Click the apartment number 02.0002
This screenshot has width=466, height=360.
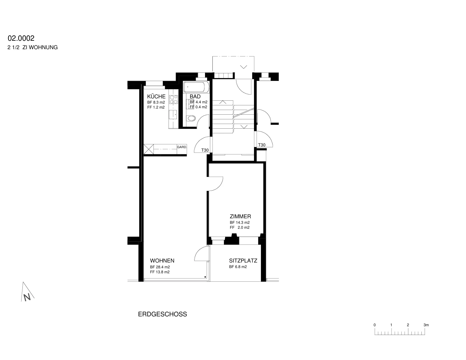coord(21,38)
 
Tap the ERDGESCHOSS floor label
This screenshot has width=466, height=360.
coord(162,314)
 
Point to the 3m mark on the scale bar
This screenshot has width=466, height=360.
coord(426,325)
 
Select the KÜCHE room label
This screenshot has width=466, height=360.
coord(156,96)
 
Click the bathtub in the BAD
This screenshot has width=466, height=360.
coord(196,87)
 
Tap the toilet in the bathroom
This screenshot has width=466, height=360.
coord(191,118)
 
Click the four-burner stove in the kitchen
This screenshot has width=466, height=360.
coord(174,100)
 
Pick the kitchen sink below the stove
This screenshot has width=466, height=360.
coord(173,114)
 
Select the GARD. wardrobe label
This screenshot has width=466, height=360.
coord(182,147)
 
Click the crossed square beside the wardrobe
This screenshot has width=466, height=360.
coord(149,149)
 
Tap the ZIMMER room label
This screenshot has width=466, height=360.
coord(240,217)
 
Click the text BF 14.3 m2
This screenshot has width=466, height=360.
coord(239,222)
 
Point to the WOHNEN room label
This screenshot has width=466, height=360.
coord(162,260)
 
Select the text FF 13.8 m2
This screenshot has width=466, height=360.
coord(160,272)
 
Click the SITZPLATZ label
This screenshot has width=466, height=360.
coord(243,261)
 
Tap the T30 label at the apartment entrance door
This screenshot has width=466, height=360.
coord(205,150)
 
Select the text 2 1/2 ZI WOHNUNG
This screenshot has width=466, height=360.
coord(33,47)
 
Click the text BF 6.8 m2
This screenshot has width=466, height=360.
coord(238,267)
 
